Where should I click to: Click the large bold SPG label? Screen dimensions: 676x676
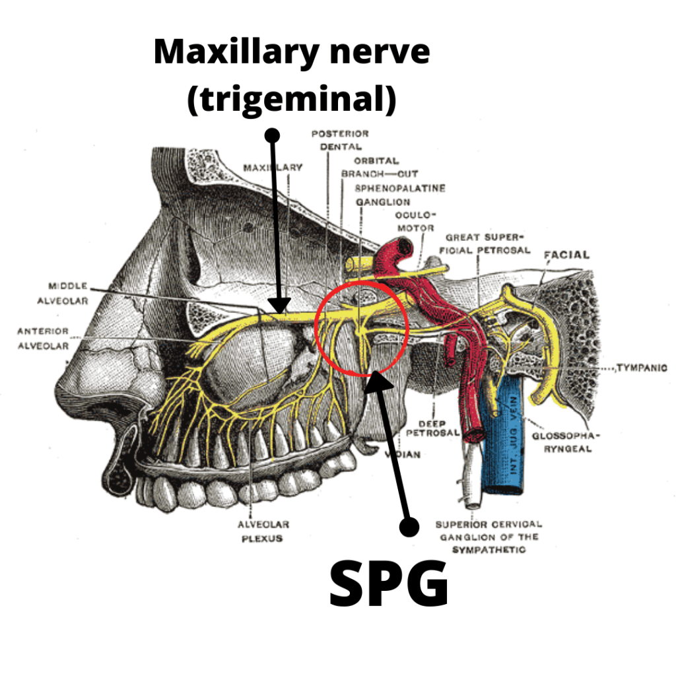(x=389, y=584)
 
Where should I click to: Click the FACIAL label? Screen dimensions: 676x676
(x=566, y=255)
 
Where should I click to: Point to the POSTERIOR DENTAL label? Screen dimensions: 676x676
(x=341, y=140)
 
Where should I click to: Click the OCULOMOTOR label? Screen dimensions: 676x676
(x=415, y=221)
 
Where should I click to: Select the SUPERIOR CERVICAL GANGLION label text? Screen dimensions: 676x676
(x=489, y=537)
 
